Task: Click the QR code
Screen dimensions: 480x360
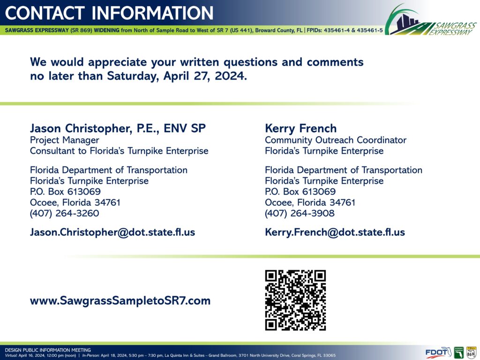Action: coord(295,300)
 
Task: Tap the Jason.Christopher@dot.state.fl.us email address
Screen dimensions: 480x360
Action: coord(112,232)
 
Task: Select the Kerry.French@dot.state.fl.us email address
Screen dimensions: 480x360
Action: coord(335,232)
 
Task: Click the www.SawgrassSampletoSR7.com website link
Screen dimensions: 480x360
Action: coord(120,300)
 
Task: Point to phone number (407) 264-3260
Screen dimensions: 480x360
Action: coord(65,213)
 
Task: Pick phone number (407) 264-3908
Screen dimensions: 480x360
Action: coord(300,213)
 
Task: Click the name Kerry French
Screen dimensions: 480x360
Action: coord(300,128)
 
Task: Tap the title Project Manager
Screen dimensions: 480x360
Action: coord(65,140)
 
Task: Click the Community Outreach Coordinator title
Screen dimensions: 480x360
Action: coord(336,140)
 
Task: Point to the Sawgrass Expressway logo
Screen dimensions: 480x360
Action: coord(431,20)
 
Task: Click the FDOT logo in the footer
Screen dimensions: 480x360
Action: coord(438,352)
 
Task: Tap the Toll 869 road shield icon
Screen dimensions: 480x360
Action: coord(471,352)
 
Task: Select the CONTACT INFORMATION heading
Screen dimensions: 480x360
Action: coord(109,13)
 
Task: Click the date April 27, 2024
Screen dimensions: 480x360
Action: coord(205,76)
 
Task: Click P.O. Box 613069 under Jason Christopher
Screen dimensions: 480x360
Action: coord(65,192)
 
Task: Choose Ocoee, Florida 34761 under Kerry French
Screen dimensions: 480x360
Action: coord(310,202)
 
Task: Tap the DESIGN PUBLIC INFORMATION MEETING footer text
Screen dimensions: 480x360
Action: coord(48,350)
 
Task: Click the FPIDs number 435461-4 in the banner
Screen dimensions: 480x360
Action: coord(337,30)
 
